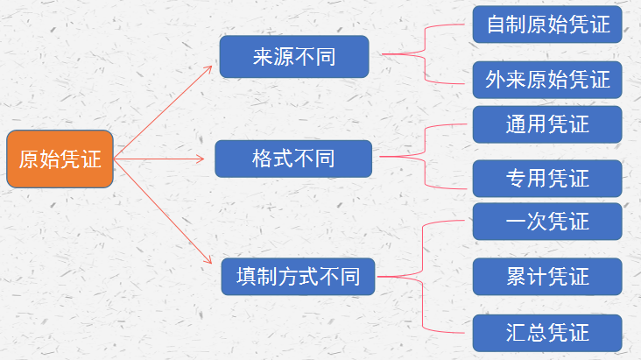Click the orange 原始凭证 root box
click(x=60, y=159)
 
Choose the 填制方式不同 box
click(x=298, y=277)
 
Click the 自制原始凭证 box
click(x=547, y=25)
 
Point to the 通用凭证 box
click(x=547, y=124)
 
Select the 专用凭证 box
click(x=547, y=179)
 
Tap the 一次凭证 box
click(x=547, y=222)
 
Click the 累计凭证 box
click(x=547, y=277)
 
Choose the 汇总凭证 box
click(x=547, y=333)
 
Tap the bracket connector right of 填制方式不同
click(x=422, y=277)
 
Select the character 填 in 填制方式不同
click(x=247, y=277)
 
